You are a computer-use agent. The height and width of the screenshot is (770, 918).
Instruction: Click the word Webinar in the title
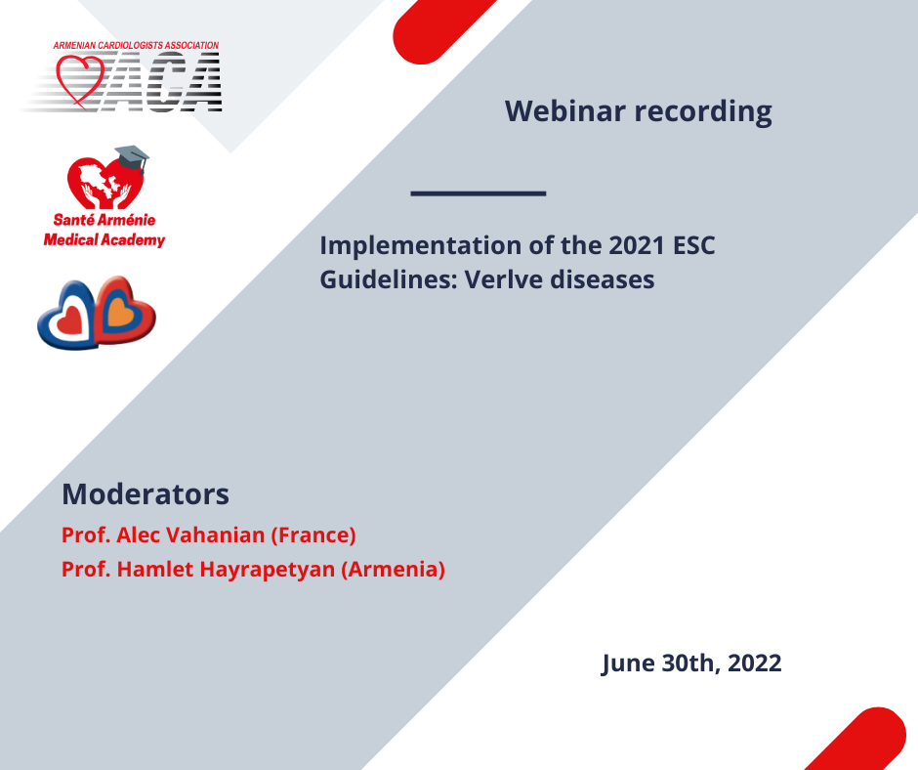coord(565,110)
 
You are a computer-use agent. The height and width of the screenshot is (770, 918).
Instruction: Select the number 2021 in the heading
coord(637,245)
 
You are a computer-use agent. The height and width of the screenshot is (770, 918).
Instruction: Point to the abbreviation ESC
coord(693,245)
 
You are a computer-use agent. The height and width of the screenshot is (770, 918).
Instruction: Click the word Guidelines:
coord(389,279)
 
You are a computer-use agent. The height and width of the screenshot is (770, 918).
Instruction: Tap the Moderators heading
coord(146,494)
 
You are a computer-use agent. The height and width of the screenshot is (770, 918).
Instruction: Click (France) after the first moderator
coord(313,535)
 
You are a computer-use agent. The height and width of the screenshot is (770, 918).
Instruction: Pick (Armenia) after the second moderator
coord(393,570)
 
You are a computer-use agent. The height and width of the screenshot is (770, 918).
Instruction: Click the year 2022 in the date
coord(755,663)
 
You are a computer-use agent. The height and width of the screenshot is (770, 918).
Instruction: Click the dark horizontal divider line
coord(479,192)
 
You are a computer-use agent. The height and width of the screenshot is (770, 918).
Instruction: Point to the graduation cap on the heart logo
coord(132,157)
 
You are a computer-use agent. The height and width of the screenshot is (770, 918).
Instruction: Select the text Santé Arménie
coord(104,220)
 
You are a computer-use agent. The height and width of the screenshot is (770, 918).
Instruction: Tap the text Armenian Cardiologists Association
coord(136,45)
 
